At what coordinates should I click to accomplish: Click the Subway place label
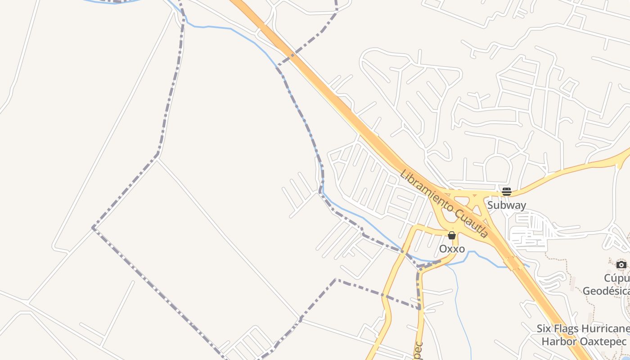506,205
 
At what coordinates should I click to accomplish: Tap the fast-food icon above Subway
506,192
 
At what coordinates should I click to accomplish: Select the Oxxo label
452,248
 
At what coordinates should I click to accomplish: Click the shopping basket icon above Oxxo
452,235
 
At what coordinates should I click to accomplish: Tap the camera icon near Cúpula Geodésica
621,265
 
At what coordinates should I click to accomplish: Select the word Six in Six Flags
544,328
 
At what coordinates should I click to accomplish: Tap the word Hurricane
605,328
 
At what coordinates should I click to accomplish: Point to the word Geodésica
606,291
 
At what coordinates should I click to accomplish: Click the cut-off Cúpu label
616,278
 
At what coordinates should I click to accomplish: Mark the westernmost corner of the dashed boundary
93,228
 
